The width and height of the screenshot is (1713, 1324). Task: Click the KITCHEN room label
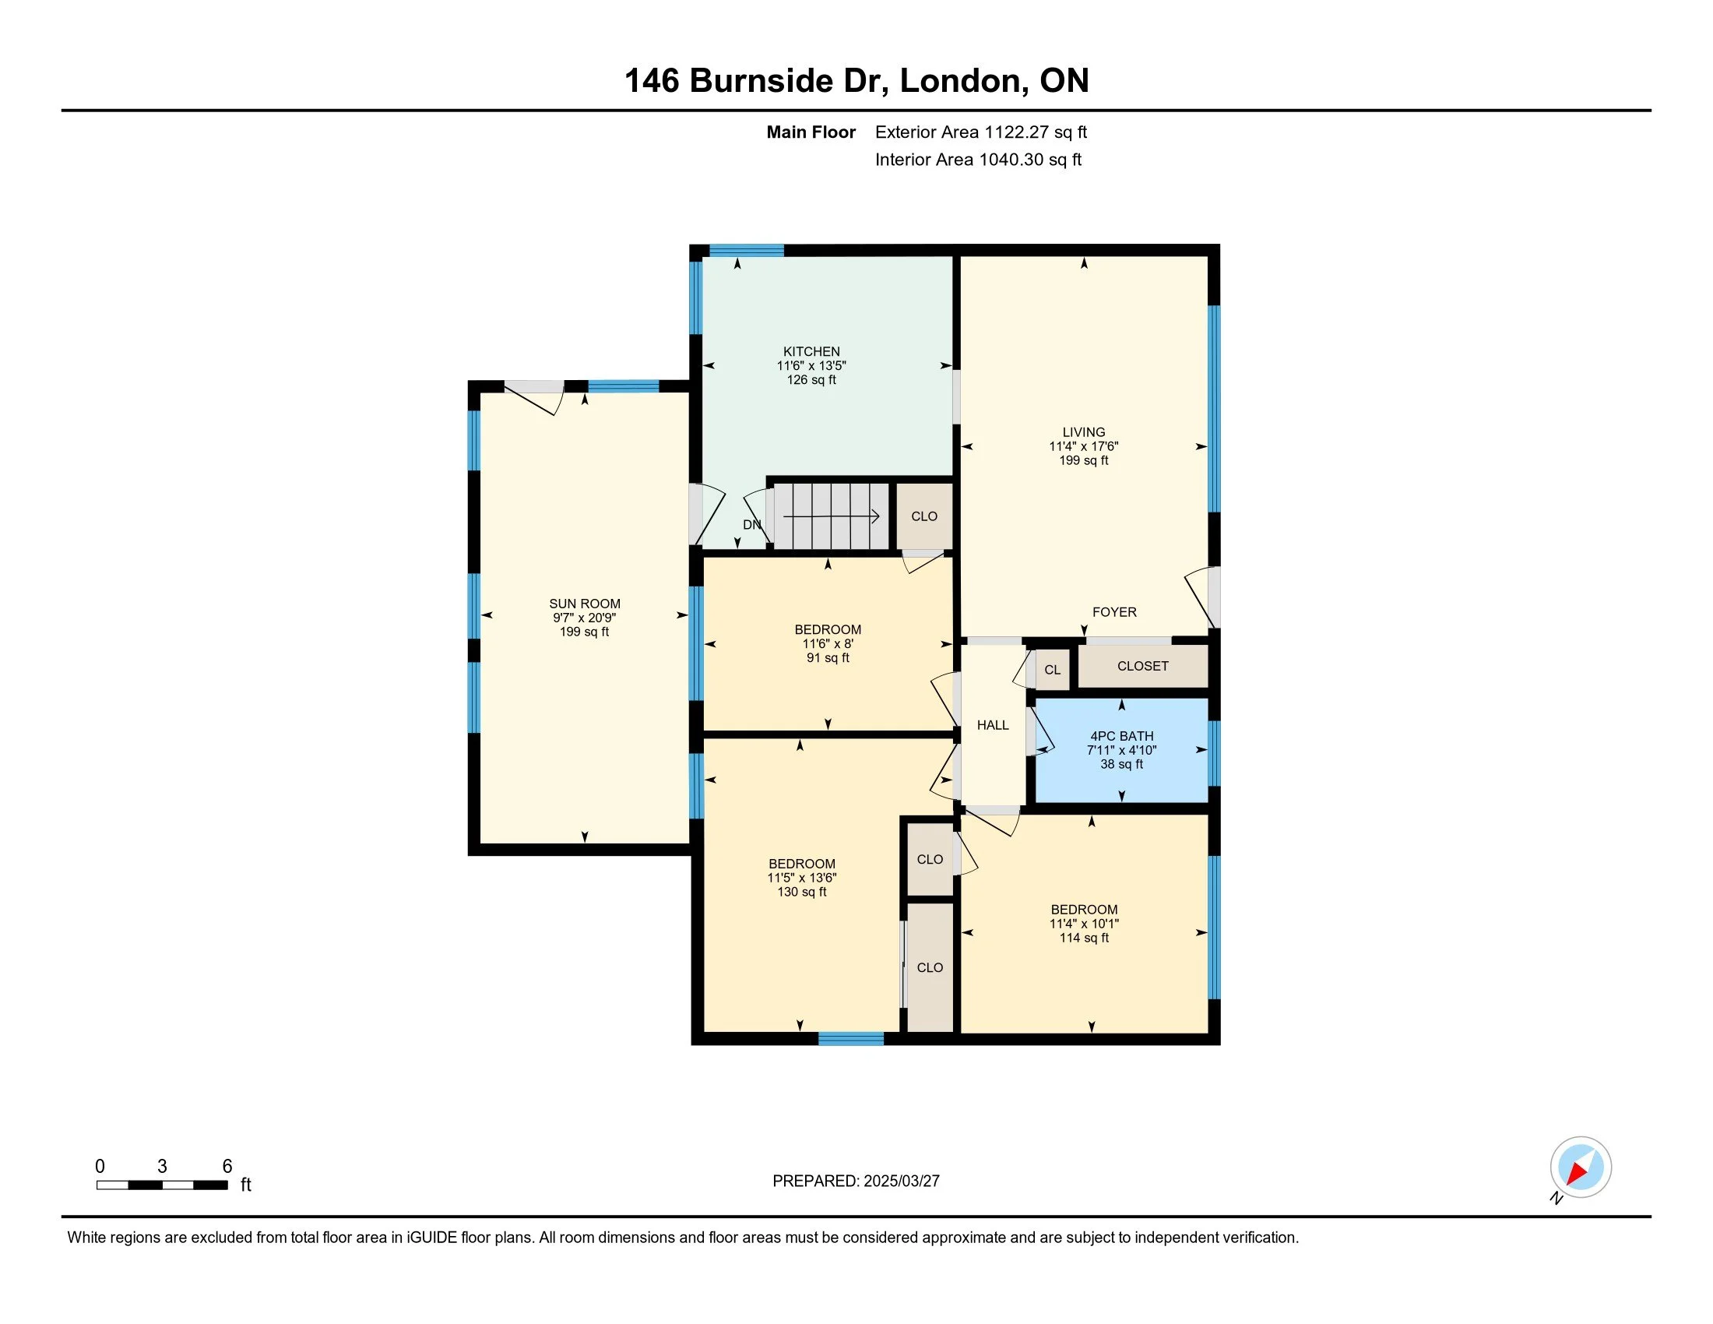[811, 351]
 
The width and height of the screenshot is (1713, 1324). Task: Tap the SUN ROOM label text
[584, 603]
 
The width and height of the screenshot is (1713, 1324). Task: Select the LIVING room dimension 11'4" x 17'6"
[1084, 446]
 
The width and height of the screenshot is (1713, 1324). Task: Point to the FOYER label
[1113, 612]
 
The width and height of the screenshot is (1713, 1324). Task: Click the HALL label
[993, 725]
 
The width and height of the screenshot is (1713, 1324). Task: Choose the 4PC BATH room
[1121, 750]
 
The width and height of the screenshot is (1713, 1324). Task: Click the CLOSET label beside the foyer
[1143, 666]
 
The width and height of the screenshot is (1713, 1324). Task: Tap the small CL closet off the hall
[1053, 670]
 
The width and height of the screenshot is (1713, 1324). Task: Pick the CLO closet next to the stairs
[924, 516]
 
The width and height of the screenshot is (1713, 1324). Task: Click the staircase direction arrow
[832, 516]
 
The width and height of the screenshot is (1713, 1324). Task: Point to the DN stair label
[751, 524]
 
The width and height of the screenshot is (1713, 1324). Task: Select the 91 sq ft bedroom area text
[828, 658]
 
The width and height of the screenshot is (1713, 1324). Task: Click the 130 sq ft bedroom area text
[801, 892]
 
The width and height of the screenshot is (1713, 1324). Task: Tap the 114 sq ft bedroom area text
[1084, 937]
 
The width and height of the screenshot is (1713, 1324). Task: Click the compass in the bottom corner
[1581, 1167]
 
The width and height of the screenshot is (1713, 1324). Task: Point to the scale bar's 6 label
[227, 1167]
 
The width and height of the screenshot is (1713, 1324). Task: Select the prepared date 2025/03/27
[901, 1181]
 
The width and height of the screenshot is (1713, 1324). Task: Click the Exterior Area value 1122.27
[1015, 132]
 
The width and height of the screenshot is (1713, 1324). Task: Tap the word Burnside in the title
[761, 81]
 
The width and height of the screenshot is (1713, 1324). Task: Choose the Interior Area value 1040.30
[1011, 159]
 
